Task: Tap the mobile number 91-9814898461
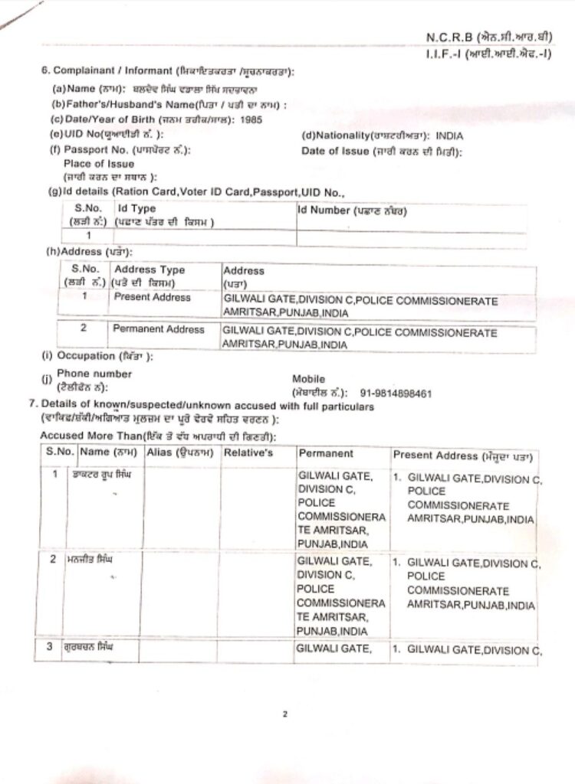tap(396, 394)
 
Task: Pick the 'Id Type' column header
tap(136, 208)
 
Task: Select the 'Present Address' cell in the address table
tap(152, 297)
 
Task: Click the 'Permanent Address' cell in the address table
tap(158, 329)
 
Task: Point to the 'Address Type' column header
tap(149, 269)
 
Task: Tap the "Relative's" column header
tap(248, 453)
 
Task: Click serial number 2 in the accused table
tap(54, 559)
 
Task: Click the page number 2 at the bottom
tap(284, 715)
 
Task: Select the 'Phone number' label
tap(94, 374)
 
